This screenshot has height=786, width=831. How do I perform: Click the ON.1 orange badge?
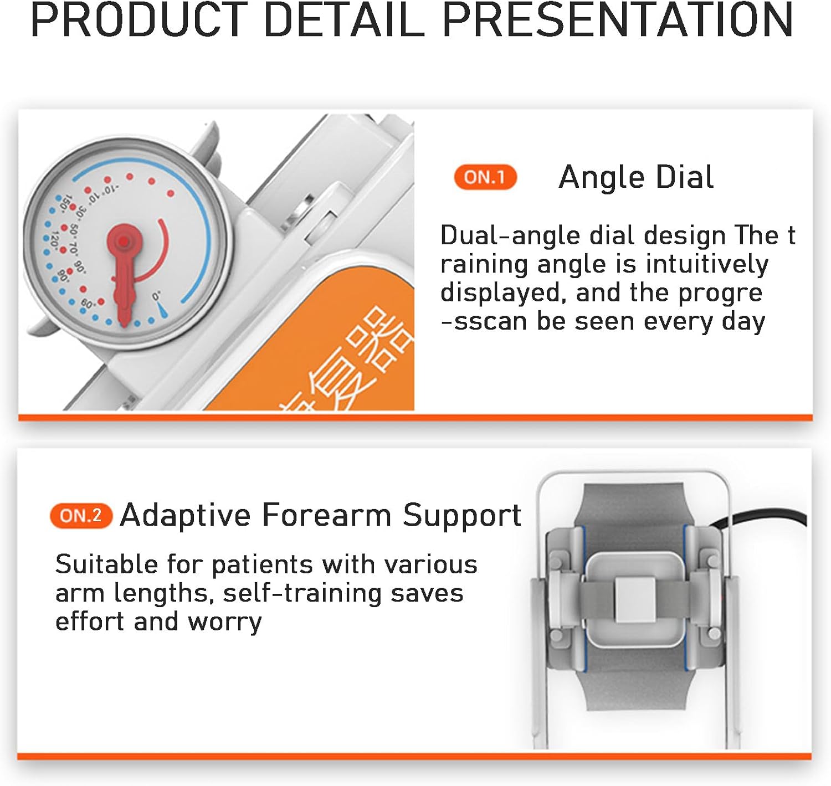point(485,177)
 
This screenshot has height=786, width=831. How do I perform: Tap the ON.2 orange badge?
point(81,516)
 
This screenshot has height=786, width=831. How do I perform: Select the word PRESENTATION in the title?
point(617,20)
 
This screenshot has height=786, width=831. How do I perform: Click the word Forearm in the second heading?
point(327,515)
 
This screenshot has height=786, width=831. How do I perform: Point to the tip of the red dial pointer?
point(125,323)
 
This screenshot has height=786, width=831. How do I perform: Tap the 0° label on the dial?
point(157,296)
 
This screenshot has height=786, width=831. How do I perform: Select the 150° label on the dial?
point(65,203)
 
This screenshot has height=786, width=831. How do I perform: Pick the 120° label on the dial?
point(54,240)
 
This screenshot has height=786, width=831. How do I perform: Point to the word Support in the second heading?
point(461,515)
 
